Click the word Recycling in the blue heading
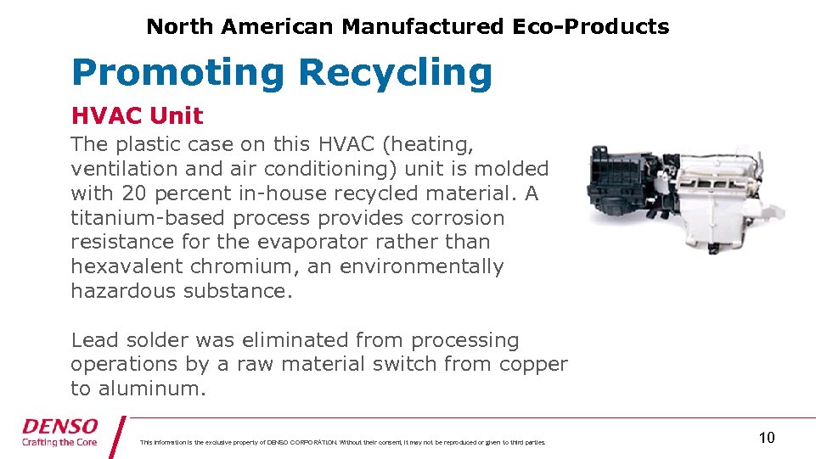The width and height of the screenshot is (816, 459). pos(395,73)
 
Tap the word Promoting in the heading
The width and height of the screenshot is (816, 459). pos(178,73)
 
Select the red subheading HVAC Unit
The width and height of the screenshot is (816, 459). pos(137,115)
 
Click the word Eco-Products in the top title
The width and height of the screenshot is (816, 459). pos(590,26)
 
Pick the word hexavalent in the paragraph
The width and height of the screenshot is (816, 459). pos(127,266)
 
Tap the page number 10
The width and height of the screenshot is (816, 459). pos(766,438)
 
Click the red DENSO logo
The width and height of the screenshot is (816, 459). pos(60,426)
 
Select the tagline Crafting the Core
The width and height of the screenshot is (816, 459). pos(60,442)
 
